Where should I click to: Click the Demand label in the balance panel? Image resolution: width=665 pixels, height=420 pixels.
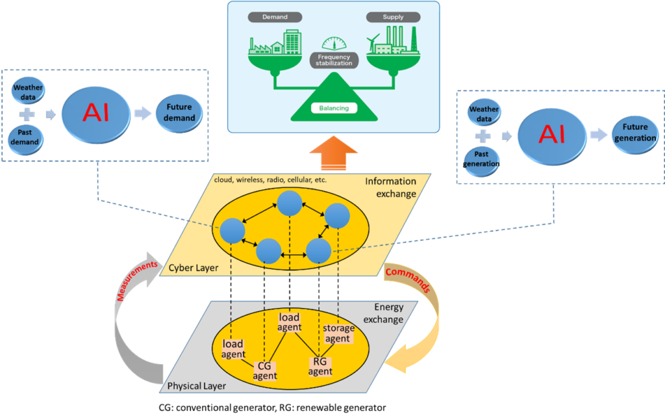pyautogui.click(x=275, y=17)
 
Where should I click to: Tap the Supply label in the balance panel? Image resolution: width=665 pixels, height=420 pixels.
pyautogui.click(x=393, y=17)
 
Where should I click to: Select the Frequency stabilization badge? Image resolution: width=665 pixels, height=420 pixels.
pyautogui.click(x=334, y=60)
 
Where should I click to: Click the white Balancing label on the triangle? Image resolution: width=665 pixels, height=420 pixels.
pyautogui.click(x=334, y=109)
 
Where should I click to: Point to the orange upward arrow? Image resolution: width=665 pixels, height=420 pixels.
pyautogui.click(x=334, y=153)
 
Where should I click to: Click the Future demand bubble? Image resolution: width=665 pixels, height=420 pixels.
pyautogui.click(x=179, y=113)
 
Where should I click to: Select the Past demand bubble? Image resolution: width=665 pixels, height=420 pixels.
pyautogui.click(x=25, y=139)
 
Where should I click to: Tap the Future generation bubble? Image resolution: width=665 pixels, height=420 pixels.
pyautogui.click(x=635, y=133)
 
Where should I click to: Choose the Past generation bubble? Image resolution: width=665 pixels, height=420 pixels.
pyautogui.click(x=481, y=161)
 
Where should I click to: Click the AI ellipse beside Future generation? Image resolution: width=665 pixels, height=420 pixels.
pyautogui.click(x=552, y=136)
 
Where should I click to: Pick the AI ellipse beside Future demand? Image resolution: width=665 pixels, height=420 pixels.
pyautogui.click(x=96, y=114)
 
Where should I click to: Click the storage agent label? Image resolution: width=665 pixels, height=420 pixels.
pyautogui.click(x=338, y=334)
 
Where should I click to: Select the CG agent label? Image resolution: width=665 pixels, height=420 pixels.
pyautogui.click(x=265, y=371)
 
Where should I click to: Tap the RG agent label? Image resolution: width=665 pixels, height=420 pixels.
pyautogui.click(x=320, y=367)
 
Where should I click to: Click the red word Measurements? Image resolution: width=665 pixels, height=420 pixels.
pyautogui.click(x=136, y=281)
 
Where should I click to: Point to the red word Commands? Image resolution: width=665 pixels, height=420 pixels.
pyautogui.click(x=408, y=280)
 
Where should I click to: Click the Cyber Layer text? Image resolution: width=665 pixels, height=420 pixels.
pyautogui.click(x=194, y=268)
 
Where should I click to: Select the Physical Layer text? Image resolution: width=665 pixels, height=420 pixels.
pyautogui.click(x=196, y=386)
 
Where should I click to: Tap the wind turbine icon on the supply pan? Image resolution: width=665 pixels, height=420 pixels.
pyautogui.click(x=372, y=44)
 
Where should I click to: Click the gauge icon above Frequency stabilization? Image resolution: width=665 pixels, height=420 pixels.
pyautogui.click(x=334, y=43)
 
